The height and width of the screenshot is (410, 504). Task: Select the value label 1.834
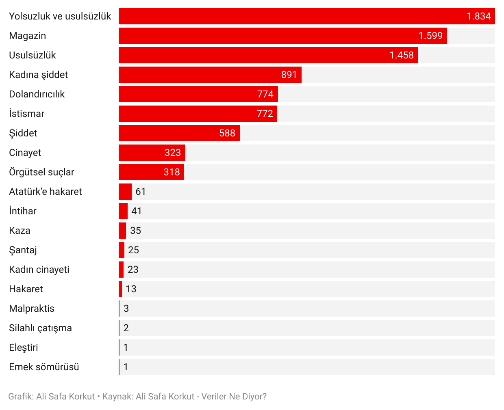pos(478,16)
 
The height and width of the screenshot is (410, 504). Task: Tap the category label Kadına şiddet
pos(39,75)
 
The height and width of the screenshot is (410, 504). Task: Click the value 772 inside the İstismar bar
pos(265,114)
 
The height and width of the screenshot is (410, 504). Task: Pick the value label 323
pos(173,153)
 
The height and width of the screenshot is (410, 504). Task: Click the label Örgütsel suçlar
pos(41,172)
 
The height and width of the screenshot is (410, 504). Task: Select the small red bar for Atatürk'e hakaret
pos(125,192)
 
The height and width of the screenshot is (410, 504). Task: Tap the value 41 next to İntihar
pos(137,211)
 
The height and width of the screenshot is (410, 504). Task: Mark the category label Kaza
pos(20,231)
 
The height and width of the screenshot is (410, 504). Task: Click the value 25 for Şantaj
pos(133,250)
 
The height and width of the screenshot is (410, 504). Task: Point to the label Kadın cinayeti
pos(39,270)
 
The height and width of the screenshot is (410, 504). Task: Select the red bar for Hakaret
pos(120,289)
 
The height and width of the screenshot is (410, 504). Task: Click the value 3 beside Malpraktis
pos(126,309)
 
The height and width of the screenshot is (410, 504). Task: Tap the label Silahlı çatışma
pos(40,328)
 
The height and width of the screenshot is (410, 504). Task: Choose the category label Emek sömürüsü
pos(44,367)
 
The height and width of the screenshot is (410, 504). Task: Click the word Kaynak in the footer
pos(117,397)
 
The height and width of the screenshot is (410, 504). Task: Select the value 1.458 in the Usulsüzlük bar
pos(401,55)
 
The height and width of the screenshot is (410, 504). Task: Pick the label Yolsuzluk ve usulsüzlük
pos(60,16)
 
